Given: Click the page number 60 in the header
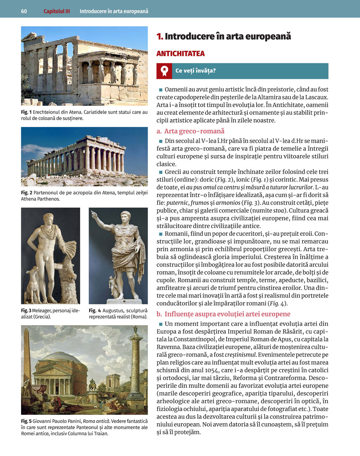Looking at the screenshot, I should pos(24,11).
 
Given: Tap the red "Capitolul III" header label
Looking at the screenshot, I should pos(57,11).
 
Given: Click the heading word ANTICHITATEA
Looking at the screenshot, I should pos(180,54).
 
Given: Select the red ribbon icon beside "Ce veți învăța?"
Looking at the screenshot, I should pos(164,71).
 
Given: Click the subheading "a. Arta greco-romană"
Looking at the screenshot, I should pos(190,131).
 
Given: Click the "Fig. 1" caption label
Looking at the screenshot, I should pos(26,112).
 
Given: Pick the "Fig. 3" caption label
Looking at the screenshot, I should pos(26,310).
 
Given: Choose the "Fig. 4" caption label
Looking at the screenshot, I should pos(95,310).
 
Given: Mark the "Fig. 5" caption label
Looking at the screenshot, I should pos(26,421).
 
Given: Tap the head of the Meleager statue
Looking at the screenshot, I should pos(48,218).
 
